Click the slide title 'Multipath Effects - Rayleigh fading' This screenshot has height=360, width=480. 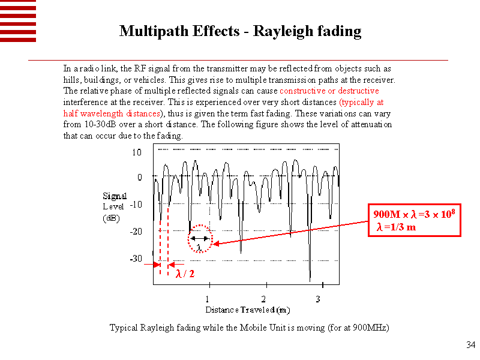click(240, 31)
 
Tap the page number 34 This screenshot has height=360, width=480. click(470, 344)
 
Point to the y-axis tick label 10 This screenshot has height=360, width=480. click(137, 152)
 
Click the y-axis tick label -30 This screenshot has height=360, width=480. click(136, 259)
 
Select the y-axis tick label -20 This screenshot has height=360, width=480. click(136, 231)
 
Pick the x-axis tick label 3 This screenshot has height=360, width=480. click(318, 299)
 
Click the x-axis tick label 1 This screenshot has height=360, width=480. click(208, 299)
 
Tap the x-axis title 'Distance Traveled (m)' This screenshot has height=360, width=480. click(247, 310)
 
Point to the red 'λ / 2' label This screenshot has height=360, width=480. click(185, 274)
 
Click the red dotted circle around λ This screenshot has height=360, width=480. click(200, 239)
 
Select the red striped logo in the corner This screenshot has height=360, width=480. click(18, 21)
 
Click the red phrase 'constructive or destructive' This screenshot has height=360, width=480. click(329, 91)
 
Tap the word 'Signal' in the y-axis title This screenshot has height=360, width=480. click(115, 196)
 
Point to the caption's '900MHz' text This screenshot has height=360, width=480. click(370, 328)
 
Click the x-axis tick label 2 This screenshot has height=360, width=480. click(263, 299)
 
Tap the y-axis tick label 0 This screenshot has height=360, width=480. click(140, 178)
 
